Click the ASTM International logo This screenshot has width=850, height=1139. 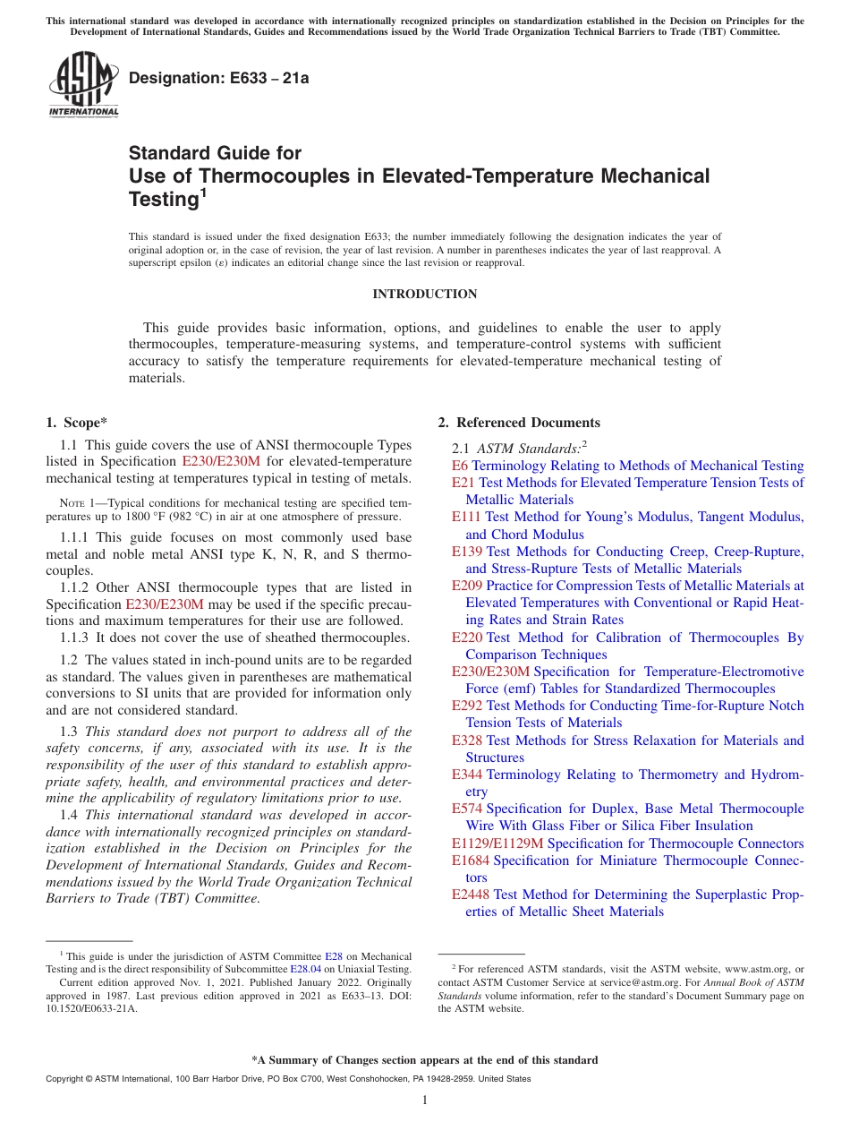click(x=83, y=85)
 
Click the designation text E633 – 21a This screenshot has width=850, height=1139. click(x=219, y=79)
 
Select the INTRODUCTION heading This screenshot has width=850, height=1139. click(x=424, y=294)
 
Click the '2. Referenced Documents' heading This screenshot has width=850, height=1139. click(x=519, y=423)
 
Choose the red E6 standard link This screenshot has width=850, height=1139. click(x=460, y=466)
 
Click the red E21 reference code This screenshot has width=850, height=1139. click(x=464, y=483)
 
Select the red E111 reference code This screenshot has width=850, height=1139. click(x=467, y=517)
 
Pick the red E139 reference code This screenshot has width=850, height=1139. click(x=467, y=552)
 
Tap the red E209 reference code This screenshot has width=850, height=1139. click(x=467, y=586)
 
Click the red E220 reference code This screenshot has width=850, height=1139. click(x=467, y=638)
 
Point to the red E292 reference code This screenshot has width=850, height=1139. click(x=467, y=706)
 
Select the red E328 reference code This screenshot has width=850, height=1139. click(x=467, y=741)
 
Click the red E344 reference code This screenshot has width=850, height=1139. click(x=467, y=775)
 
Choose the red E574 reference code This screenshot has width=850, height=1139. click(x=467, y=809)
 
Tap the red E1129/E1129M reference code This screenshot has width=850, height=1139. click(x=497, y=844)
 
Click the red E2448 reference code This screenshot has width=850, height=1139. click(x=471, y=895)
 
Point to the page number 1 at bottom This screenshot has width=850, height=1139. click(x=425, y=1100)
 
